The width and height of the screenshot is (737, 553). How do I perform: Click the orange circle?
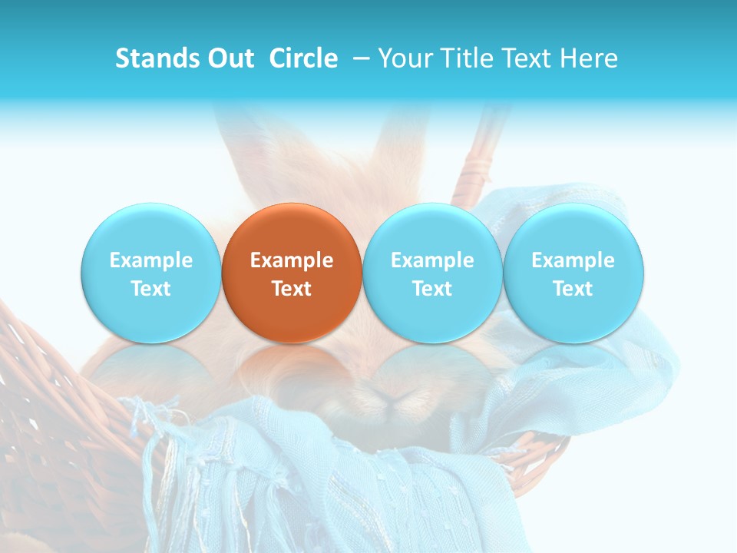coord(292,273)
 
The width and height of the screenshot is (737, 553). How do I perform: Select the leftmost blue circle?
coord(150,273)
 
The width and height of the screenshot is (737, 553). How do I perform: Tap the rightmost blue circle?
coord(573,273)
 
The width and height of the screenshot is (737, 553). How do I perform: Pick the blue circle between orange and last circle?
coord(432,273)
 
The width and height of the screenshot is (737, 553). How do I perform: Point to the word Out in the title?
coord(227,58)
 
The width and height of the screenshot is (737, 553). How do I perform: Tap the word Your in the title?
coord(405,58)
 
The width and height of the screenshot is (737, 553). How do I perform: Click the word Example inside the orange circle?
coord(292,260)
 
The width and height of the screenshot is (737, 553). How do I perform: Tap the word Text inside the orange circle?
coord(292,289)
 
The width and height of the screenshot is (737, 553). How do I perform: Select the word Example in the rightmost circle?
coord(573,260)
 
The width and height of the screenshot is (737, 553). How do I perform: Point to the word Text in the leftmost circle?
coord(150,289)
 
